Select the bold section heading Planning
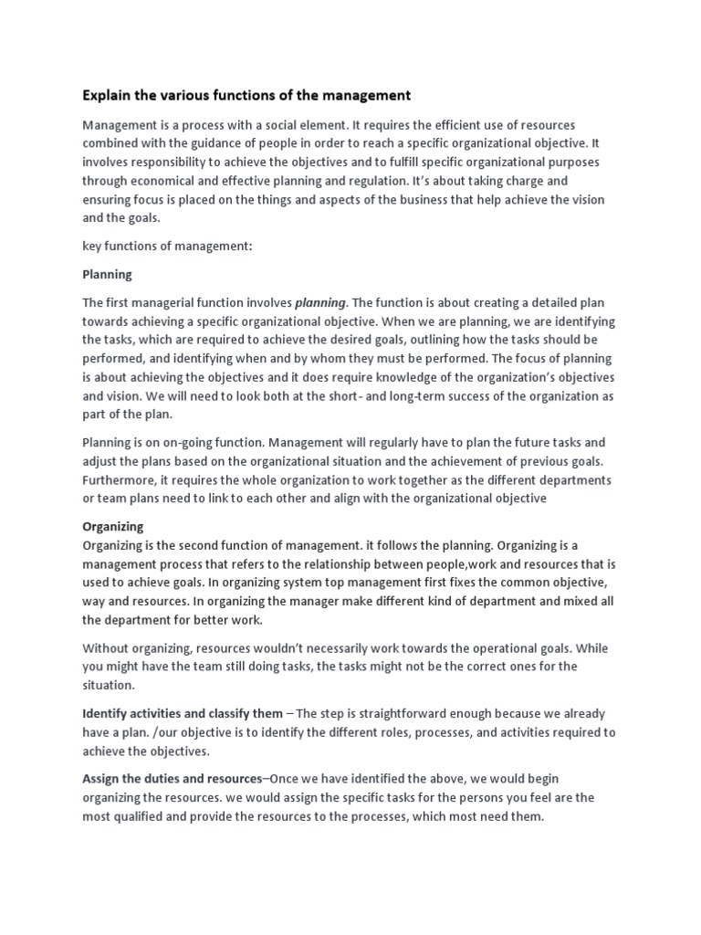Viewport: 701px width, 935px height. click(107, 274)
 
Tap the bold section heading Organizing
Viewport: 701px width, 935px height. click(113, 527)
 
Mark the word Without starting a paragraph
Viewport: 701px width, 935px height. click(106, 648)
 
